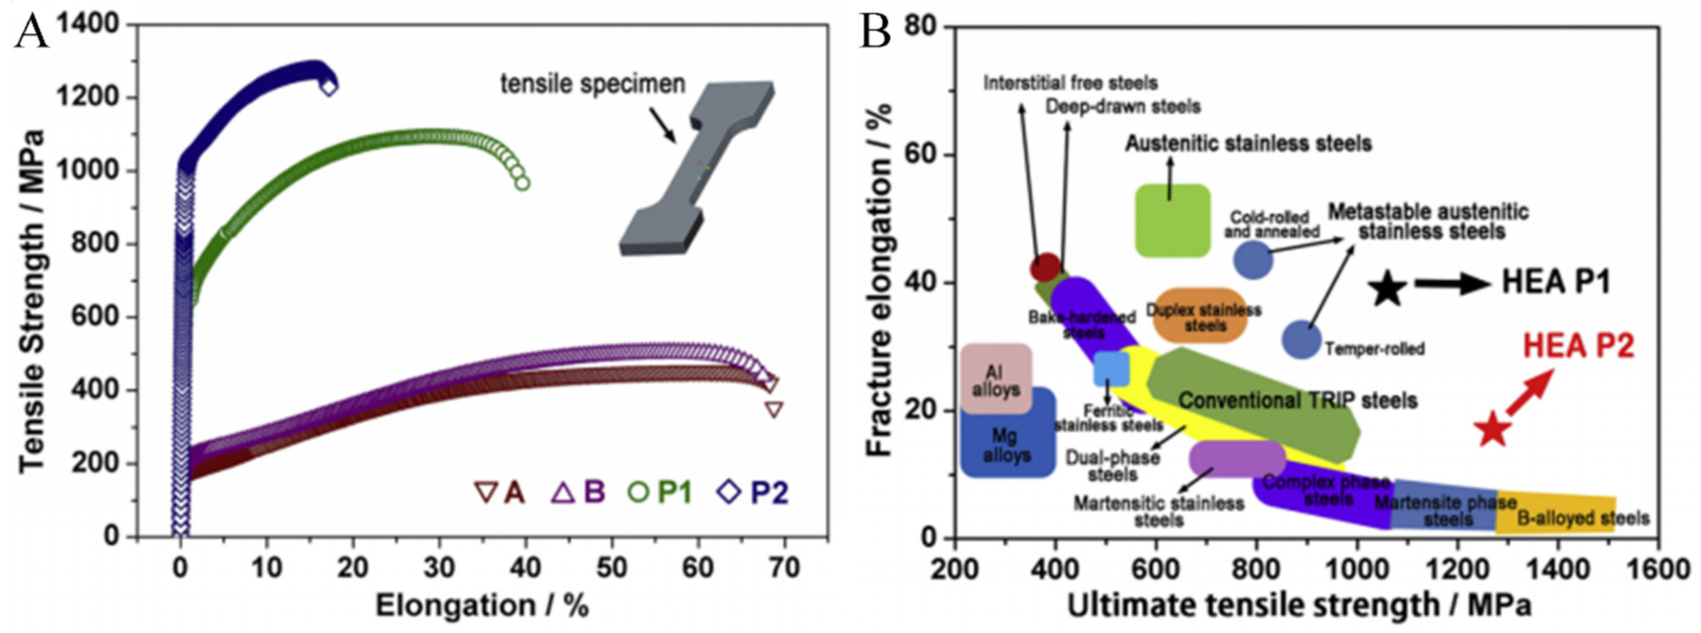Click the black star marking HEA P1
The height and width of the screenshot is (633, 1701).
pos(1387,288)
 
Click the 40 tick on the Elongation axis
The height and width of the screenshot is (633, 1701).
pos(525,568)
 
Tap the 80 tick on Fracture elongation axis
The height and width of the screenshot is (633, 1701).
pos(921,26)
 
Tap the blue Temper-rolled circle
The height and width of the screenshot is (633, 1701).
pos(1301,339)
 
